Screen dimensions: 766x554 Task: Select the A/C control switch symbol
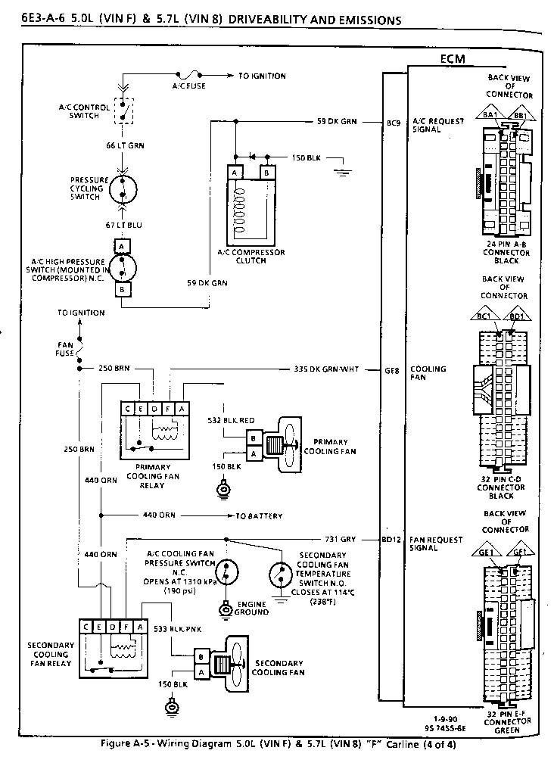pos(123,111)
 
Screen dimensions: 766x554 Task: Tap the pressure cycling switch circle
pos(123,186)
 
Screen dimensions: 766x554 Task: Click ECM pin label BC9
pos(393,121)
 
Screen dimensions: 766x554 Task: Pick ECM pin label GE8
pos(392,370)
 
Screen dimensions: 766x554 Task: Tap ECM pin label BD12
pos(391,540)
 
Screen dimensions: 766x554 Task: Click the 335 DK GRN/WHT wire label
pos(325,370)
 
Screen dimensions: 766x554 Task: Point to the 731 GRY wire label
pos(338,540)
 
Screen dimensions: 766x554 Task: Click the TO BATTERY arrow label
pos(259,516)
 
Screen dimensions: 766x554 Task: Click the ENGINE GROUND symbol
pos(225,609)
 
